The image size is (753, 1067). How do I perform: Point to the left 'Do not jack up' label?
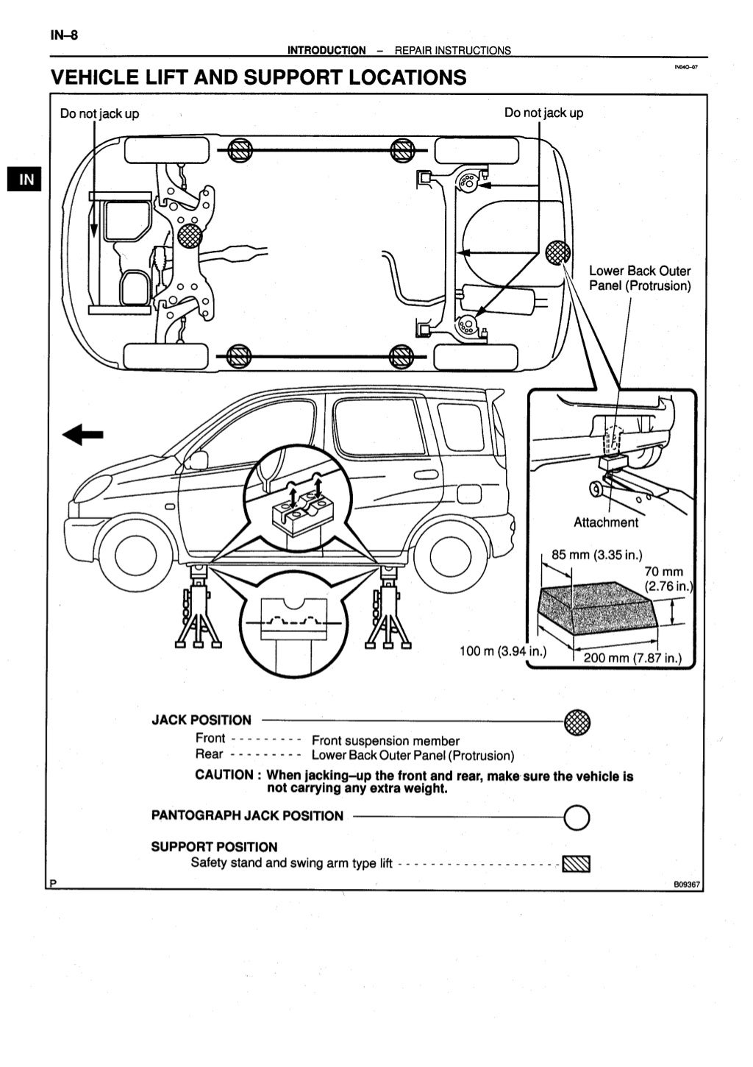coord(99,113)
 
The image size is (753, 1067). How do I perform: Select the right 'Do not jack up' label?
coord(543,113)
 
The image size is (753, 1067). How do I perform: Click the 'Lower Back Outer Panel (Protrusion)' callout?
coord(640,278)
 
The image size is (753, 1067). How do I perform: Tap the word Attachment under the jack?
coord(606,522)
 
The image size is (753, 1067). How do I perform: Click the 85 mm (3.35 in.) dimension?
coord(597,555)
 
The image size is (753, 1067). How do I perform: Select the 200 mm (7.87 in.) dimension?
coord(632,658)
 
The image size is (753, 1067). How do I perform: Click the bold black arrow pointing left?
coord(82,435)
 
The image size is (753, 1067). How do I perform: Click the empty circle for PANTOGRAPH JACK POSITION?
coord(577,816)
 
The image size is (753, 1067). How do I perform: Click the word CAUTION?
coord(224,775)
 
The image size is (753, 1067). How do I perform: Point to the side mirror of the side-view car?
coord(196,461)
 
